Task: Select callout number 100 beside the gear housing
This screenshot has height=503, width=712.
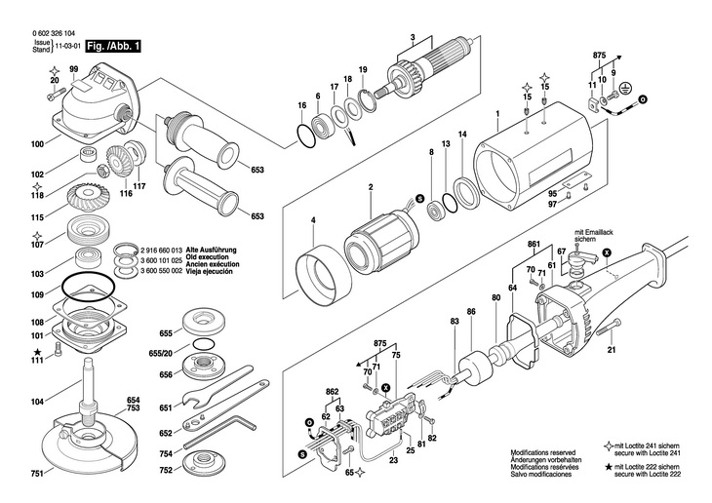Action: click(37, 144)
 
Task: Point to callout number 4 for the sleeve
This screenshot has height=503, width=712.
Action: click(312, 219)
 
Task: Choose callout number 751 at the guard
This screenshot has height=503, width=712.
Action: click(36, 473)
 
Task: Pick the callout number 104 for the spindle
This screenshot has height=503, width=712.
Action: click(37, 402)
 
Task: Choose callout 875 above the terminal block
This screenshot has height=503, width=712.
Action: click(382, 344)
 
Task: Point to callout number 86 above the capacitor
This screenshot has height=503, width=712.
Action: click(471, 311)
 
